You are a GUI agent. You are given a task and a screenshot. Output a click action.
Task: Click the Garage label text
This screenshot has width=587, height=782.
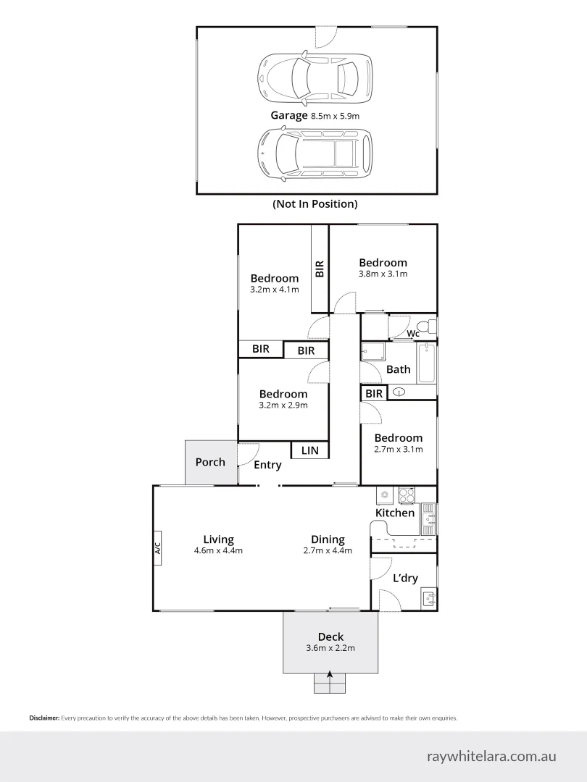click(x=288, y=115)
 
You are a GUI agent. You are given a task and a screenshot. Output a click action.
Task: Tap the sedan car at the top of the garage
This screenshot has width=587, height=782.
click(x=315, y=76)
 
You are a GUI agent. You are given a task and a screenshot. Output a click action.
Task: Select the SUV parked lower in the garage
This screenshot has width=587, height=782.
click(x=315, y=154)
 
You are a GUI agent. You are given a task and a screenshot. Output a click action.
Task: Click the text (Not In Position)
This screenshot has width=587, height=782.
click(x=315, y=204)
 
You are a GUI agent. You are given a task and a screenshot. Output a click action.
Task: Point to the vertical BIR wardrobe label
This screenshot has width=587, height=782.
click(x=320, y=269)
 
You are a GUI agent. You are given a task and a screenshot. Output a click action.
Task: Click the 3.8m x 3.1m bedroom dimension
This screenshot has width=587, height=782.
click(x=383, y=274)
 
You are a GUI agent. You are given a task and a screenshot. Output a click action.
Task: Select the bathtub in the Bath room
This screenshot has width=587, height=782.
click(x=428, y=363)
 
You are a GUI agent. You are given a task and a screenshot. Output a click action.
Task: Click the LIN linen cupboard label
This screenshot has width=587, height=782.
click(x=309, y=450)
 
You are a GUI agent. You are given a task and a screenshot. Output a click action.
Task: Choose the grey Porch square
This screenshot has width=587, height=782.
click(x=210, y=462)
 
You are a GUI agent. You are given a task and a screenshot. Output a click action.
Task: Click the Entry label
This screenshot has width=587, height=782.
click(x=267, y=465)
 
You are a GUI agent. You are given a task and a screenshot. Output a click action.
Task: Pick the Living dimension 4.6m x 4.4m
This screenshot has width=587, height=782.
click(x=218, y=550)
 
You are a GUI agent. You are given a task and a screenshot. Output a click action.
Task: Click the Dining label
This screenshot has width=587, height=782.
click(x=328, y=539)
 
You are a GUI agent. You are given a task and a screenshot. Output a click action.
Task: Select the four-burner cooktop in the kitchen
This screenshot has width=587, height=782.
click(x=407, y=495)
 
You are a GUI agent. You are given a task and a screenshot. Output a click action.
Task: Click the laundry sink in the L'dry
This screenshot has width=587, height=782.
click(x=428, y=599)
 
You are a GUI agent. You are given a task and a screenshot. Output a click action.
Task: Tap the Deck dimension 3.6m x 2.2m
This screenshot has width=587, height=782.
click(x=330, y=648)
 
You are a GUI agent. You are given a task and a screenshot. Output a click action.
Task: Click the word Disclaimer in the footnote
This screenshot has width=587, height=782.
click(x=44, y=718)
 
